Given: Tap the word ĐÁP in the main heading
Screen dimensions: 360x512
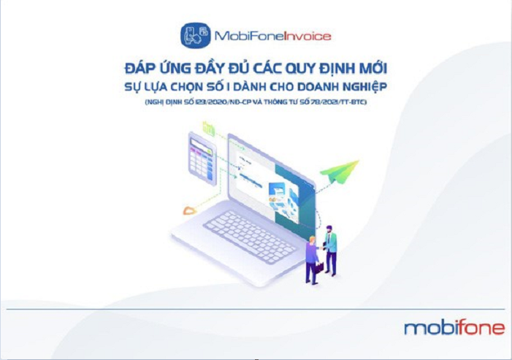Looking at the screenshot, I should [138, 69].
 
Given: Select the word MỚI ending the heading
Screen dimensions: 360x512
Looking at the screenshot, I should [371, 69].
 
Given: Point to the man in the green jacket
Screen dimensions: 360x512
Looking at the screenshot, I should [331, 248].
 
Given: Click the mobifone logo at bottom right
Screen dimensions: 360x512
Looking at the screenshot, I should [454, 327].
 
